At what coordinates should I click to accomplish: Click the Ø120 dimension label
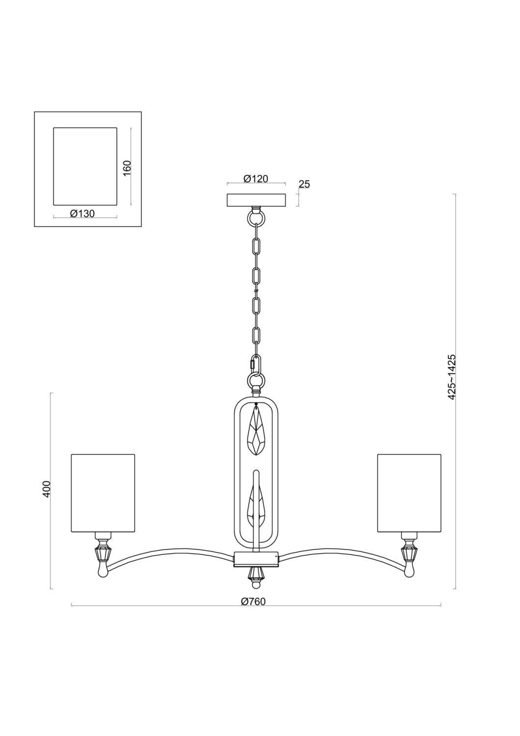coord(256,179)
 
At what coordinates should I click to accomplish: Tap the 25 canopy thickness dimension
coord(304,184)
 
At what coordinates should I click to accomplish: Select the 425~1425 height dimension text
coord(452,376)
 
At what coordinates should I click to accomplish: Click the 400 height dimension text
coord(47,489)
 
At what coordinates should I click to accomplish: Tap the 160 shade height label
coord(127,168)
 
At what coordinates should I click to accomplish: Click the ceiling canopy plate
coord(256,200)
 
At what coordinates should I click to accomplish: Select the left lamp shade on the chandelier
coord(103,493)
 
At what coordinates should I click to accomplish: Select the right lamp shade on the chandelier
coord(409,493)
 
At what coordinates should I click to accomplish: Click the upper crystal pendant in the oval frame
coord(257,431)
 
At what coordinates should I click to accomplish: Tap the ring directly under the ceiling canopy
coord(256,216)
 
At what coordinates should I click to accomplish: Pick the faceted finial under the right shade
coord(409,553)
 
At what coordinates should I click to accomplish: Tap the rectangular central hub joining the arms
coord(256,558)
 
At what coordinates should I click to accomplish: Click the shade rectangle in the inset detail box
coord(85,166)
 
